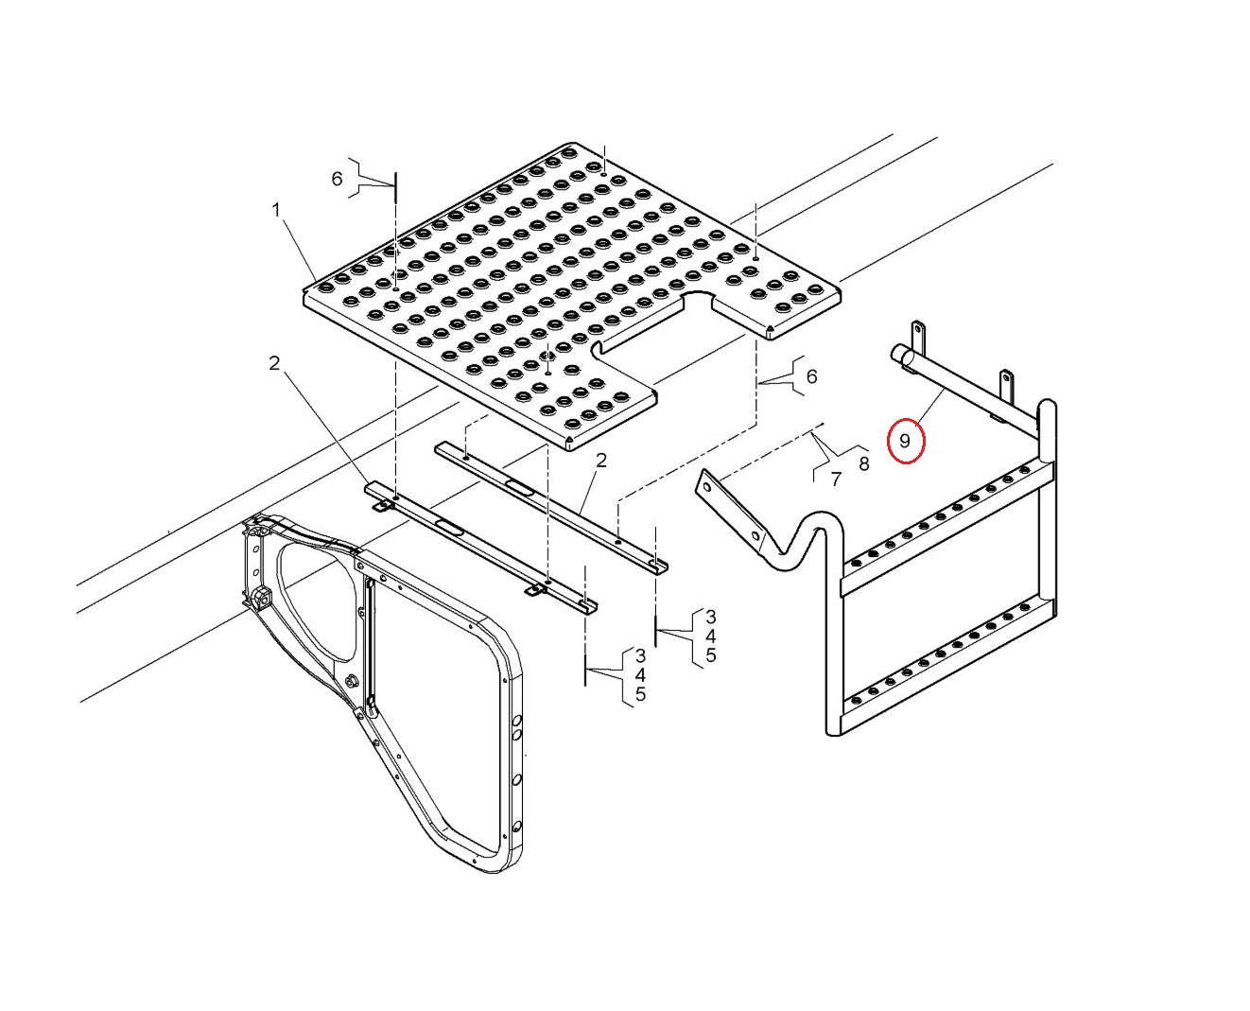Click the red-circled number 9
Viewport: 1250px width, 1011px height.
(x=904, y=441)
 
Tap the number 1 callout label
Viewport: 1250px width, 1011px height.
(x=276, y=209)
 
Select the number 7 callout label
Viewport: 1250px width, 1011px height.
(x=836, y=479)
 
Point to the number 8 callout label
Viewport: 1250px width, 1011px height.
(x=863, y=463)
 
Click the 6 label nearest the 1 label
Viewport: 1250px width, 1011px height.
(x=337, y=179)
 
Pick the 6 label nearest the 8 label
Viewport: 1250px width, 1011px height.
(x=811, y=376)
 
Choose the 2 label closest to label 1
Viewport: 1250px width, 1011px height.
(x=274, y=364)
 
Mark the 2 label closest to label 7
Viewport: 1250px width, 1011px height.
(x=600, y=461)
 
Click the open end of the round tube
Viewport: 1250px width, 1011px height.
(x=898, y=355)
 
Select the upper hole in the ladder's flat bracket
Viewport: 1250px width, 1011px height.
(x=706, y=487)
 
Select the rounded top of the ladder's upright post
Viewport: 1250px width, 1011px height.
(x=1047, y=406)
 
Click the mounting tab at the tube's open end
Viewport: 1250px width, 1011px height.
(x=918, y=337)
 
